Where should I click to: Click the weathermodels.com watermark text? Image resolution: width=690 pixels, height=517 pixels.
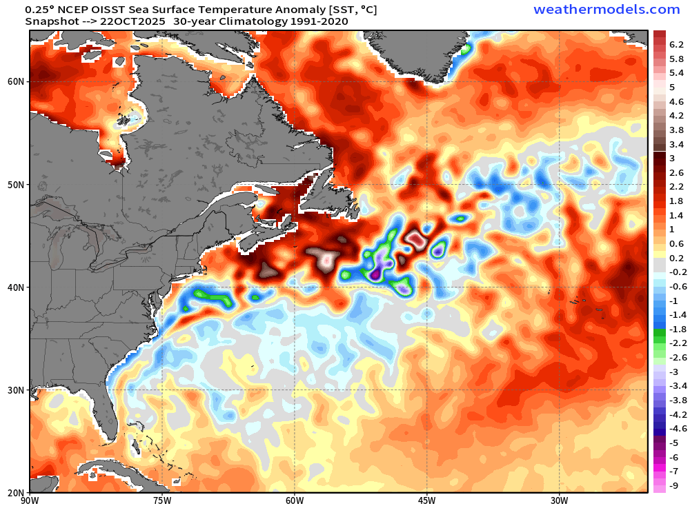(x=607, y=9)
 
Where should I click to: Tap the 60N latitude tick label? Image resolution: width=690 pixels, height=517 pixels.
(x=17, y=81)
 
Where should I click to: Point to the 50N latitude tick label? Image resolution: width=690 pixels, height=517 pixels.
(x=17, y=185)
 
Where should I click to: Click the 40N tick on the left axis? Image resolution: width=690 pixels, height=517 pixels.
(x=17, y=287)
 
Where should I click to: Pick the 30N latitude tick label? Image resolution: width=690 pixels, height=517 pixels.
(x=17, y=390)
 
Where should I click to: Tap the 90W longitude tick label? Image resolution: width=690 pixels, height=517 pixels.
(x=30, y=500)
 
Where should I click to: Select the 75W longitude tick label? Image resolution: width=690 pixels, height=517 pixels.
(x=161, y=500)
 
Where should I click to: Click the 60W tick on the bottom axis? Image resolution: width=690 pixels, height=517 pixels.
(x=294, y=500)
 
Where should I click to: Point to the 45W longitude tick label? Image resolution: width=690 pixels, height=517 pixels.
(x=426, y=500)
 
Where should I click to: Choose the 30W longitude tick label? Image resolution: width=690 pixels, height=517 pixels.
(x=559, y=500)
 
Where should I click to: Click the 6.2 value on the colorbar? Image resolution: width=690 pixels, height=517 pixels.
(x=676, y=44)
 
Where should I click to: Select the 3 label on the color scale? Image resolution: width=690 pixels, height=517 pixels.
(x=671, y=158)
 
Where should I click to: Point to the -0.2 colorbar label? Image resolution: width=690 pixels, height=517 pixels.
(x=676, y=272)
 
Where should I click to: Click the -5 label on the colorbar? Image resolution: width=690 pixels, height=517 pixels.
(x=673, y=443)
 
